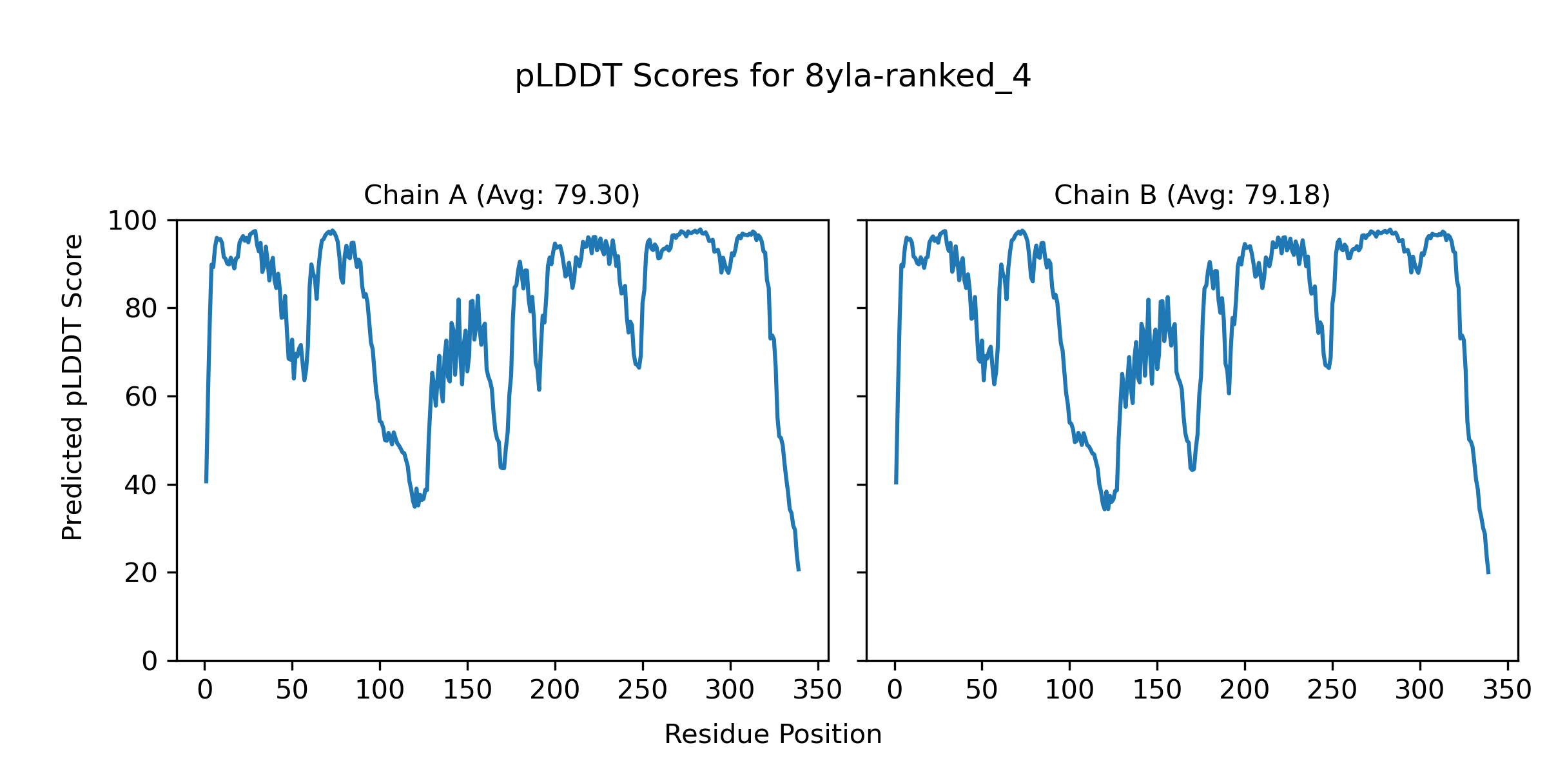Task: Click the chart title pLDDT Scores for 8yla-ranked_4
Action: [x=773, y=77]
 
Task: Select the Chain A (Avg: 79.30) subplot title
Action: [x=501, y=195]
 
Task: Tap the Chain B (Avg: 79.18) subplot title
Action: [x=1192, y=195]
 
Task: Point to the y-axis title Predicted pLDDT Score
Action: [x=73, y=387]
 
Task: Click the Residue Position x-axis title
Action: [x=773, y=735]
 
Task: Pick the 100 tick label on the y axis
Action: [x=132, y=221]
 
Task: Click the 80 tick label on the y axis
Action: [x=141, y=309]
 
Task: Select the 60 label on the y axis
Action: [x=141, y=397]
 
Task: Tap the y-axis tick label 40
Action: [x=141, y=485]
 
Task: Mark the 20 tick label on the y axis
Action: [x=141, y=573]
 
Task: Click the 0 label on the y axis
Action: [x=150, y=661]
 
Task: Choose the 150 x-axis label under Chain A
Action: [x=467, y=690]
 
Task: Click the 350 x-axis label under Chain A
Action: [x=817, y=690]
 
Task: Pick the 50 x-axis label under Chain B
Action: [x=982, y=690]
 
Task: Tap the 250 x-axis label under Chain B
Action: [x=1332, y=690]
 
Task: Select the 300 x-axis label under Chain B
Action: [x=1419, y=690]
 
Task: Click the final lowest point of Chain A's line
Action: [x=799, y=570]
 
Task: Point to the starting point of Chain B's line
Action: [x=896, y=483]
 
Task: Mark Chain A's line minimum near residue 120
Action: [x=414, y=506]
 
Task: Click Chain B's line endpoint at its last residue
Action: [x=1488, y=573]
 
